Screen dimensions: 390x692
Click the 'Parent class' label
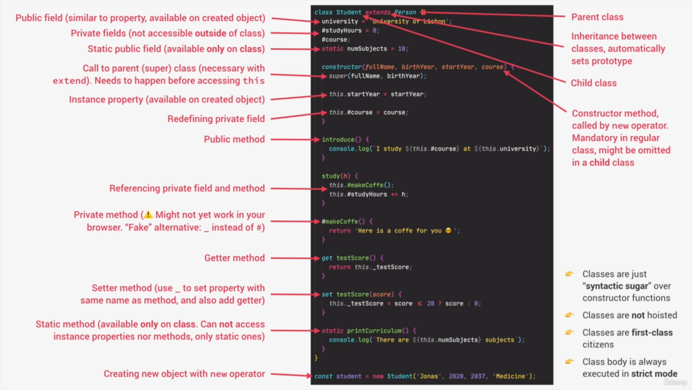coord(597,17)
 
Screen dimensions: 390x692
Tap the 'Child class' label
coord(594,83)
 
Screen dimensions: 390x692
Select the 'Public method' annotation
coord(234,139)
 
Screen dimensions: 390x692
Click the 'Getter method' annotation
coord(234,258)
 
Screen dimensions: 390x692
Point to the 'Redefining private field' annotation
coord(216,119)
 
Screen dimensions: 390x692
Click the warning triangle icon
coord(148,215)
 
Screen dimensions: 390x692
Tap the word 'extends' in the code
coord(378,12)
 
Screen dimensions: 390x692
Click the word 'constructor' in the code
coord(341,67)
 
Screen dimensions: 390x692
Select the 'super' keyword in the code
coord(338,76)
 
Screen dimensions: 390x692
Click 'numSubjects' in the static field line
coord(367,49)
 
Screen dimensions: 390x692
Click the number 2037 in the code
coord(478,376)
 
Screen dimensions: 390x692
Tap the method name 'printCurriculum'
coord(374,331)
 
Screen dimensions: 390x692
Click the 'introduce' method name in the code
coord(338,140)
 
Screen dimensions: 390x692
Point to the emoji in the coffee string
coord(448,230)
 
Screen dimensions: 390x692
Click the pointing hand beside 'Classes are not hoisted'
coord(569,315)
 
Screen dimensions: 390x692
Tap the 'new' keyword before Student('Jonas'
coord(378,376)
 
